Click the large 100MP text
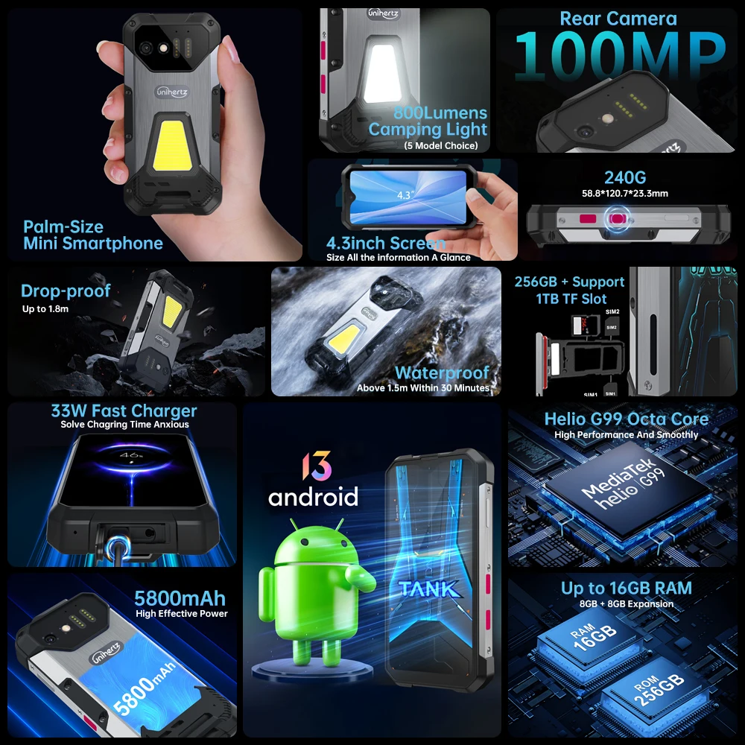click(x=619, y=57)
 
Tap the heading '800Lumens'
click(x=440, y=113)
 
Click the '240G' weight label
click(x=624, y=177)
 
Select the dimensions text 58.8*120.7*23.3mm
click(x=624, y=194)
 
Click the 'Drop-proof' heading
click(x=66, y=291)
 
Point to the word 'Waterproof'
click(x=442, y=372)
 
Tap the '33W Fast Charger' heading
click(x=124, y=410)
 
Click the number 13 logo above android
click(x=313, y=466)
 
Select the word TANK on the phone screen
click(x=428, y=589)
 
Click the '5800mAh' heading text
click(x=180, y=598)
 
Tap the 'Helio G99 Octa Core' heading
click(x=626, y=419)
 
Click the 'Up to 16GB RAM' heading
click(x=626, y=588)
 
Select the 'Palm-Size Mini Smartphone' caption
click(x=92, y=235)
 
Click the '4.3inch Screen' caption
click(x=386, y=243)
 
